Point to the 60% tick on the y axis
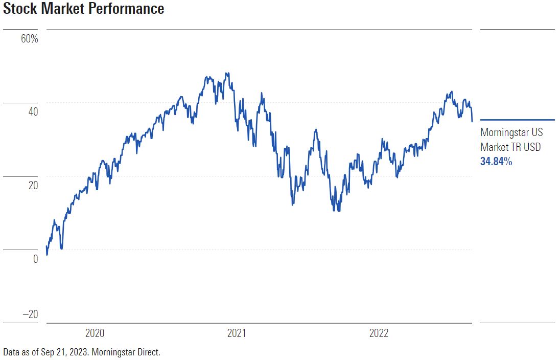tap(30, 39)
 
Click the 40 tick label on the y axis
tap(33, 111)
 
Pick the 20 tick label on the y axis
tap(33, 185)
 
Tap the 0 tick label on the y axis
tap(35, 259)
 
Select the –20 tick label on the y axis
tap(30, 314)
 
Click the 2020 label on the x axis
tap(95, 334)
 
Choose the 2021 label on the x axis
tap(237, 334)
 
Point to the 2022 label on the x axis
tap(379, 334)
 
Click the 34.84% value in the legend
tap(496, 162)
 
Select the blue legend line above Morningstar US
tap(517, 120)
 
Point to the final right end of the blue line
tap(472, 122)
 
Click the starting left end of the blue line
tap(46, 246)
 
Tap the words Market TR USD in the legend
tap(510, 147)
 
